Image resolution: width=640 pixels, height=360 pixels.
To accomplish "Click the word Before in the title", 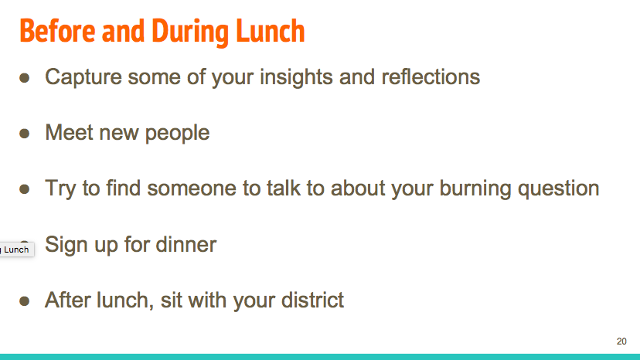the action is (57, 31).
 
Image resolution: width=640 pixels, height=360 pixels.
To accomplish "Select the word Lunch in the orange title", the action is (271, 31).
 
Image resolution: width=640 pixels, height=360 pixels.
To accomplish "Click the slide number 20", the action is (621, 341).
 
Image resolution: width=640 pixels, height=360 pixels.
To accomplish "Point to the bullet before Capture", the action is (25, 77).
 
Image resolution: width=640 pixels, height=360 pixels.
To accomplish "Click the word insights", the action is (296, 77).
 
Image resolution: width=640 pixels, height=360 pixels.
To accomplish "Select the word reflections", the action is (431, 76).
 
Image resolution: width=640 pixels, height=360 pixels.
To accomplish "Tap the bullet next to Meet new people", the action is (25, 133).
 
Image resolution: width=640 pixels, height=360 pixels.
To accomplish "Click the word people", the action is (177, 134).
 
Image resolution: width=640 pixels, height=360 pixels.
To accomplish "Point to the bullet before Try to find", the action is (25, 188).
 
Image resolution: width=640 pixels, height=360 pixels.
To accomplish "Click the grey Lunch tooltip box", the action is (16, 250).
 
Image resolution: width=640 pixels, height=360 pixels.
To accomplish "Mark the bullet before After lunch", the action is (25, 301).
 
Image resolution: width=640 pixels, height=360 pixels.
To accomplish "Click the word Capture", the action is (83, 77).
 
